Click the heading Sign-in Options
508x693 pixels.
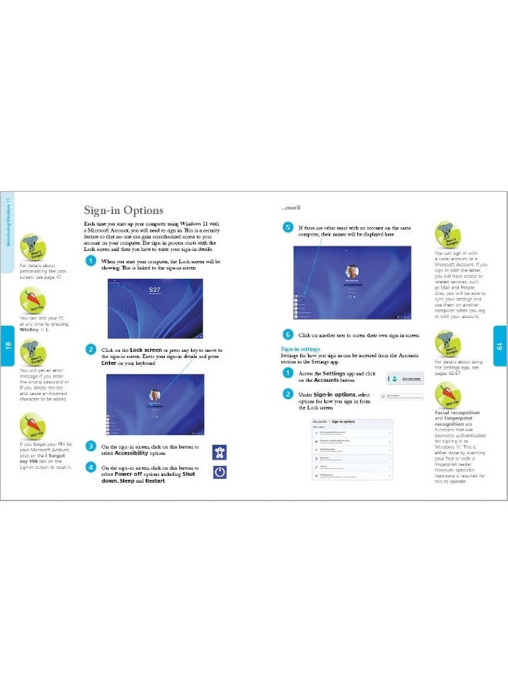tap(123, 210)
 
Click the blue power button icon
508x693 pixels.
tap(219, 471)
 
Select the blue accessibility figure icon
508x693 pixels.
tap(219, 450)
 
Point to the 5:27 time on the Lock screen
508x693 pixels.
tap(154, 290)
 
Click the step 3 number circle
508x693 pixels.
tap(91, 447)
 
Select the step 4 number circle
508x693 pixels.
tap(91, 467)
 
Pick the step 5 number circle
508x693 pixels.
tap(287, 228)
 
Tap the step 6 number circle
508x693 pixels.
tap(287, 335)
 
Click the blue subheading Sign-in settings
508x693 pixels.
tap(300, 349)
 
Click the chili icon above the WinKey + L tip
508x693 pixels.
tap(34, 300)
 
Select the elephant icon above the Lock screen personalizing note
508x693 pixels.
tap(34, 246)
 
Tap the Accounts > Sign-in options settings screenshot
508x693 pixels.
tap(351, 453)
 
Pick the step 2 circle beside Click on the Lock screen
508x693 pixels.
tap(91, 350)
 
